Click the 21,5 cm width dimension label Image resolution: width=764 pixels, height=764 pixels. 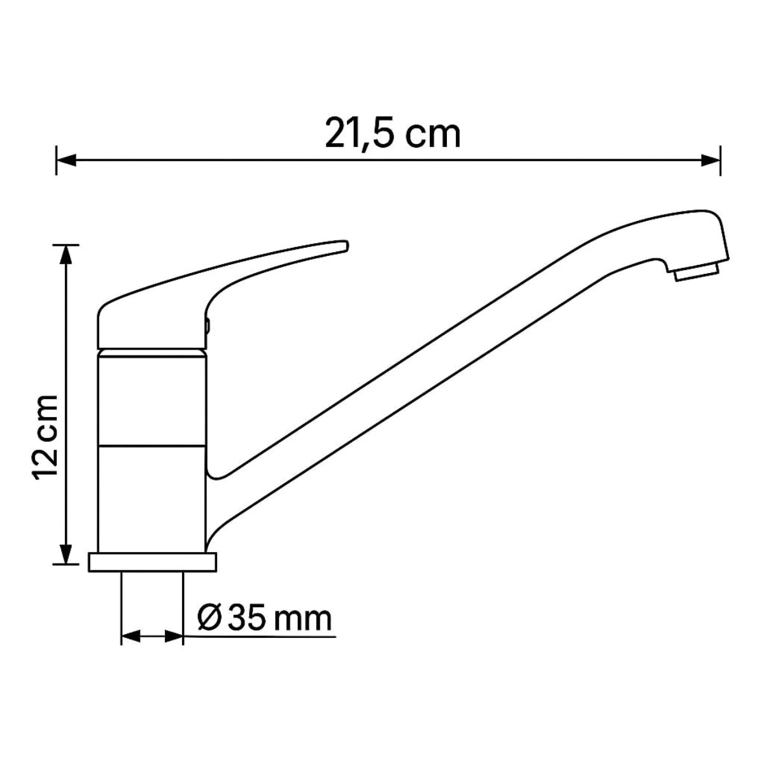click(x=393, y=134)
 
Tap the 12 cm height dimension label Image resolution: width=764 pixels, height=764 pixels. click(x=46, y=438)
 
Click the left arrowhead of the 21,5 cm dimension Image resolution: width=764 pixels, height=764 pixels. click(x=66, y=160)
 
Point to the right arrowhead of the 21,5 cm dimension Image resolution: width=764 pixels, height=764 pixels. click(x=711, y=160)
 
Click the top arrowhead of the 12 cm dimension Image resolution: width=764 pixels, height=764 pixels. click(x=66, y=255)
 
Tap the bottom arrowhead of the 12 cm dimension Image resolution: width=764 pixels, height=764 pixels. click(x=66, y=554)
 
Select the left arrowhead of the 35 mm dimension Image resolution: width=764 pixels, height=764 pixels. click(x=131, y=636)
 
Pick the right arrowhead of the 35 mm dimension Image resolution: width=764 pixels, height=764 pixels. click(x=174, y=636)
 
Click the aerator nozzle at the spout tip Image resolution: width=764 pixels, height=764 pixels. click(x=697, y=272)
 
